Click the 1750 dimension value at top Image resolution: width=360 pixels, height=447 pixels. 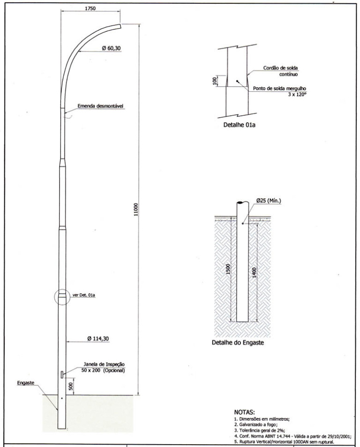tap(90, 8)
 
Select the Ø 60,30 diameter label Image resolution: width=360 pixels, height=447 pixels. tap(111, 48)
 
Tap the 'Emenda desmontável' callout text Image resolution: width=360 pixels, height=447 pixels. tap(100, 106)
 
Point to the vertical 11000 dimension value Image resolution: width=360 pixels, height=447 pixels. tap(136, 209)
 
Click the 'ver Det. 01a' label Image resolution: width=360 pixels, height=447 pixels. tap(84, 295)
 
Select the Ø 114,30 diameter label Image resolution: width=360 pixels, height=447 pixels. tap(98, 339)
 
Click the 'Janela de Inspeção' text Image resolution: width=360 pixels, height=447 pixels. tap(104, 365)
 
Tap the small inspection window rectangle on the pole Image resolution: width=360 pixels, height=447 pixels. tap(62, 374)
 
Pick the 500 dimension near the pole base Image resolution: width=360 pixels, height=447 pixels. tap(71, 386)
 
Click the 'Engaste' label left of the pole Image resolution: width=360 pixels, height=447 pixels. tap(25, 383)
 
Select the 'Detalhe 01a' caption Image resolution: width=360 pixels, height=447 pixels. tap(240, 125)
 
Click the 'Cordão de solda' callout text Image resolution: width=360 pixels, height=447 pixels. tap(280, 68)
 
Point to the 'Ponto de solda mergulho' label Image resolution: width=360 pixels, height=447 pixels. tap(279, 89)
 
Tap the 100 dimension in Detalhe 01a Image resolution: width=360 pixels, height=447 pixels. tap(215, 81)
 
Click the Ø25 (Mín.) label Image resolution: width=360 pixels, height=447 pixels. tap(269, 201)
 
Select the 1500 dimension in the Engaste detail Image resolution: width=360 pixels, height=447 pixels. tap(228, 269)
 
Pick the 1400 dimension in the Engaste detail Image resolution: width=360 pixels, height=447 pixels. tap(254, 273)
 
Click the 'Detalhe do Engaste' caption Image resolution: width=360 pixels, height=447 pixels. tap(238, 343)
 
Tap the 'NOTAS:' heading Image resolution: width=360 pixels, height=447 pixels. tap(245, 412)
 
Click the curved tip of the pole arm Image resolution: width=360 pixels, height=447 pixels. tap(120, 26)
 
